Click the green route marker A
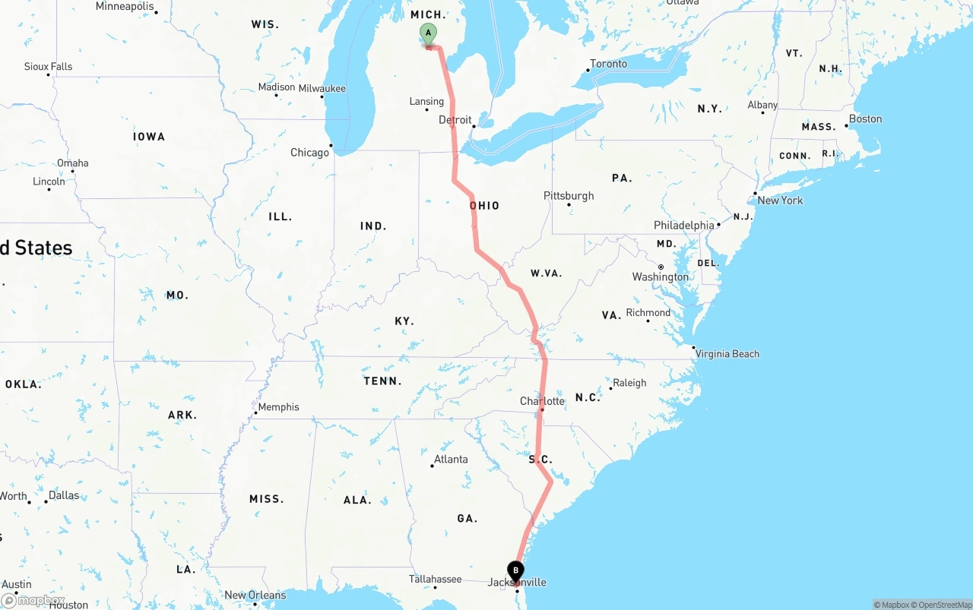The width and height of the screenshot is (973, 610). tap(429, 33)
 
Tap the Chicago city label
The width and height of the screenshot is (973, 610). tap(310, 153)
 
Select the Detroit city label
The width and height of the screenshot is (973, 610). tap(455, 120)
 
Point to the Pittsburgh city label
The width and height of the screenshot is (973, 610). tap(569, 196)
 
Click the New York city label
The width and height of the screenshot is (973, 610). tap(780, 201)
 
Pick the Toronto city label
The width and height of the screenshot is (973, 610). tap(609, 64)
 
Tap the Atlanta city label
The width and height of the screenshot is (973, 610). tap(451, 460)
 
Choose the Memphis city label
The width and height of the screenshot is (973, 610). tap(278, 407)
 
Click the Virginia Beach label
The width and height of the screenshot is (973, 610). tap(727, 354)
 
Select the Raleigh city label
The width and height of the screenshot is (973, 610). tap(629, 383)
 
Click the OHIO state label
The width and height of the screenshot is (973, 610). tap(484, 206)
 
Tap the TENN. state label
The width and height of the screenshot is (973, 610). tap(383, 381)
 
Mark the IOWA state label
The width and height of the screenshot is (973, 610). tap(149, 137)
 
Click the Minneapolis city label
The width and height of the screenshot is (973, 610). tap(125, 7)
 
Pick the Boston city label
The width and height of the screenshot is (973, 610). tap(866, 119)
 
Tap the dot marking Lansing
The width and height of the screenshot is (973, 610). tap(426, 110)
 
